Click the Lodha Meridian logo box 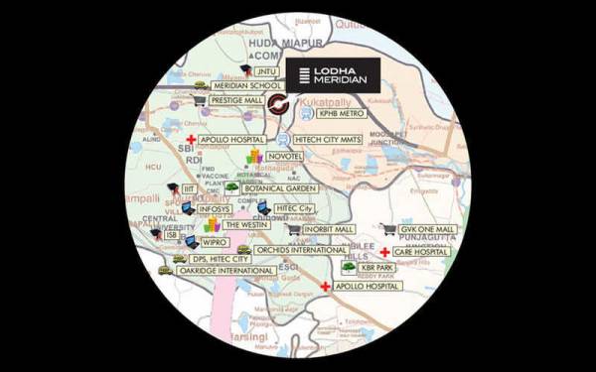click(333, 74)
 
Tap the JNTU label click(265, 72)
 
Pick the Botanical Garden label click(280, 187)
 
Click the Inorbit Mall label click(329, 229)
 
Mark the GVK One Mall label click(427, 229)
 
